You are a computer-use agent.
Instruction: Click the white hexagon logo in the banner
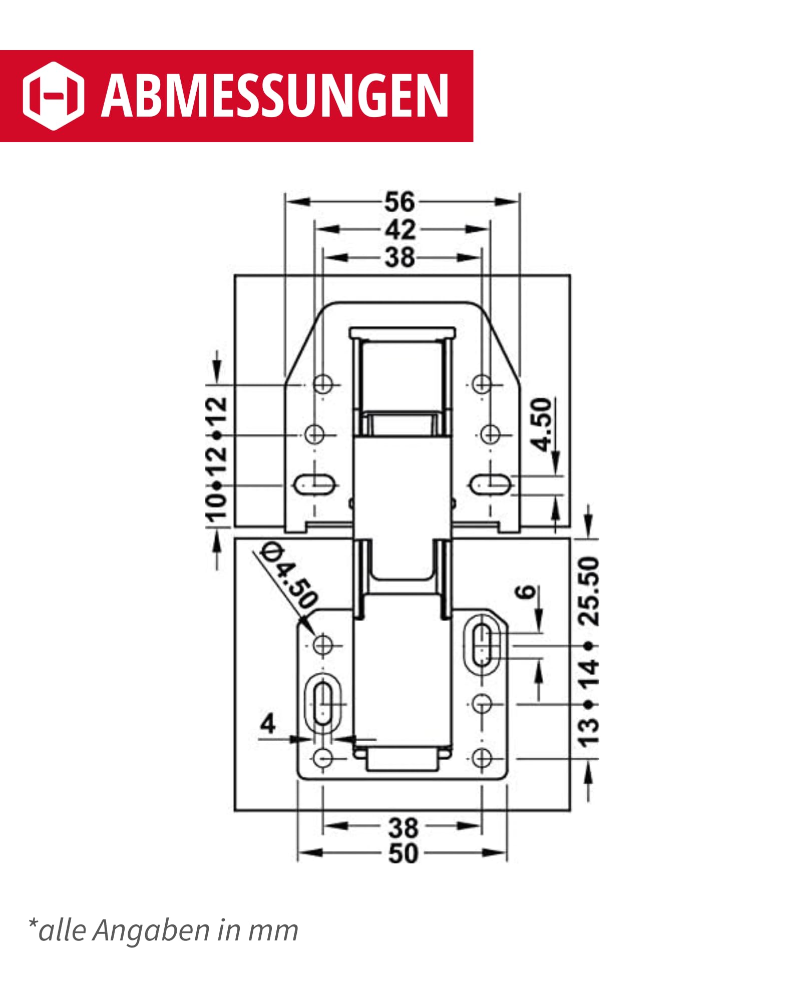53,96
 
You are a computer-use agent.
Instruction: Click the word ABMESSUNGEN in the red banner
275,96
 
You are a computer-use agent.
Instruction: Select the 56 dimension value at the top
399,202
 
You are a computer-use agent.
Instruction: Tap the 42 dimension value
400,230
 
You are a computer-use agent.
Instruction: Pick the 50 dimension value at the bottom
403,853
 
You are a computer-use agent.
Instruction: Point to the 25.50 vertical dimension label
589,591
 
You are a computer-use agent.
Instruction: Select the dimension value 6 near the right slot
526,592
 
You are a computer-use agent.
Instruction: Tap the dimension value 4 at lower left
268,724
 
